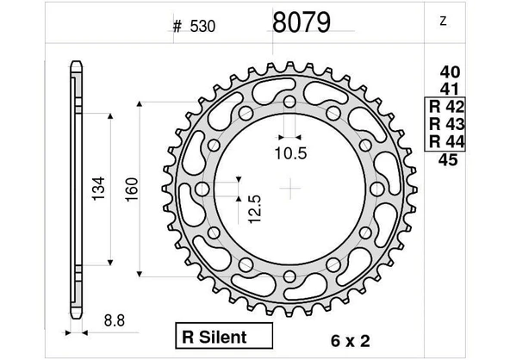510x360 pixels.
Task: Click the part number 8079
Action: click(302, 22)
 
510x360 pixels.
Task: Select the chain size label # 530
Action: click(194, 27)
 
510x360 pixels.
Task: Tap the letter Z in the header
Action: click(443, 22)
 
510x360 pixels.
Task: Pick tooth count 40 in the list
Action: click(451, 72)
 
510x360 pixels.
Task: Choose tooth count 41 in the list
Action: click(450, 89)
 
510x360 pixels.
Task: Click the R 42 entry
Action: click(446, 107)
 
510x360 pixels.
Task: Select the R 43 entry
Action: click(446, 124)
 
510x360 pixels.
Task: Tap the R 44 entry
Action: click(446, 141)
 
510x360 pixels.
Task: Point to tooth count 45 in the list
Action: click(448, 159)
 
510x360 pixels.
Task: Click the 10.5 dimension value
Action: click(291, 153)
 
